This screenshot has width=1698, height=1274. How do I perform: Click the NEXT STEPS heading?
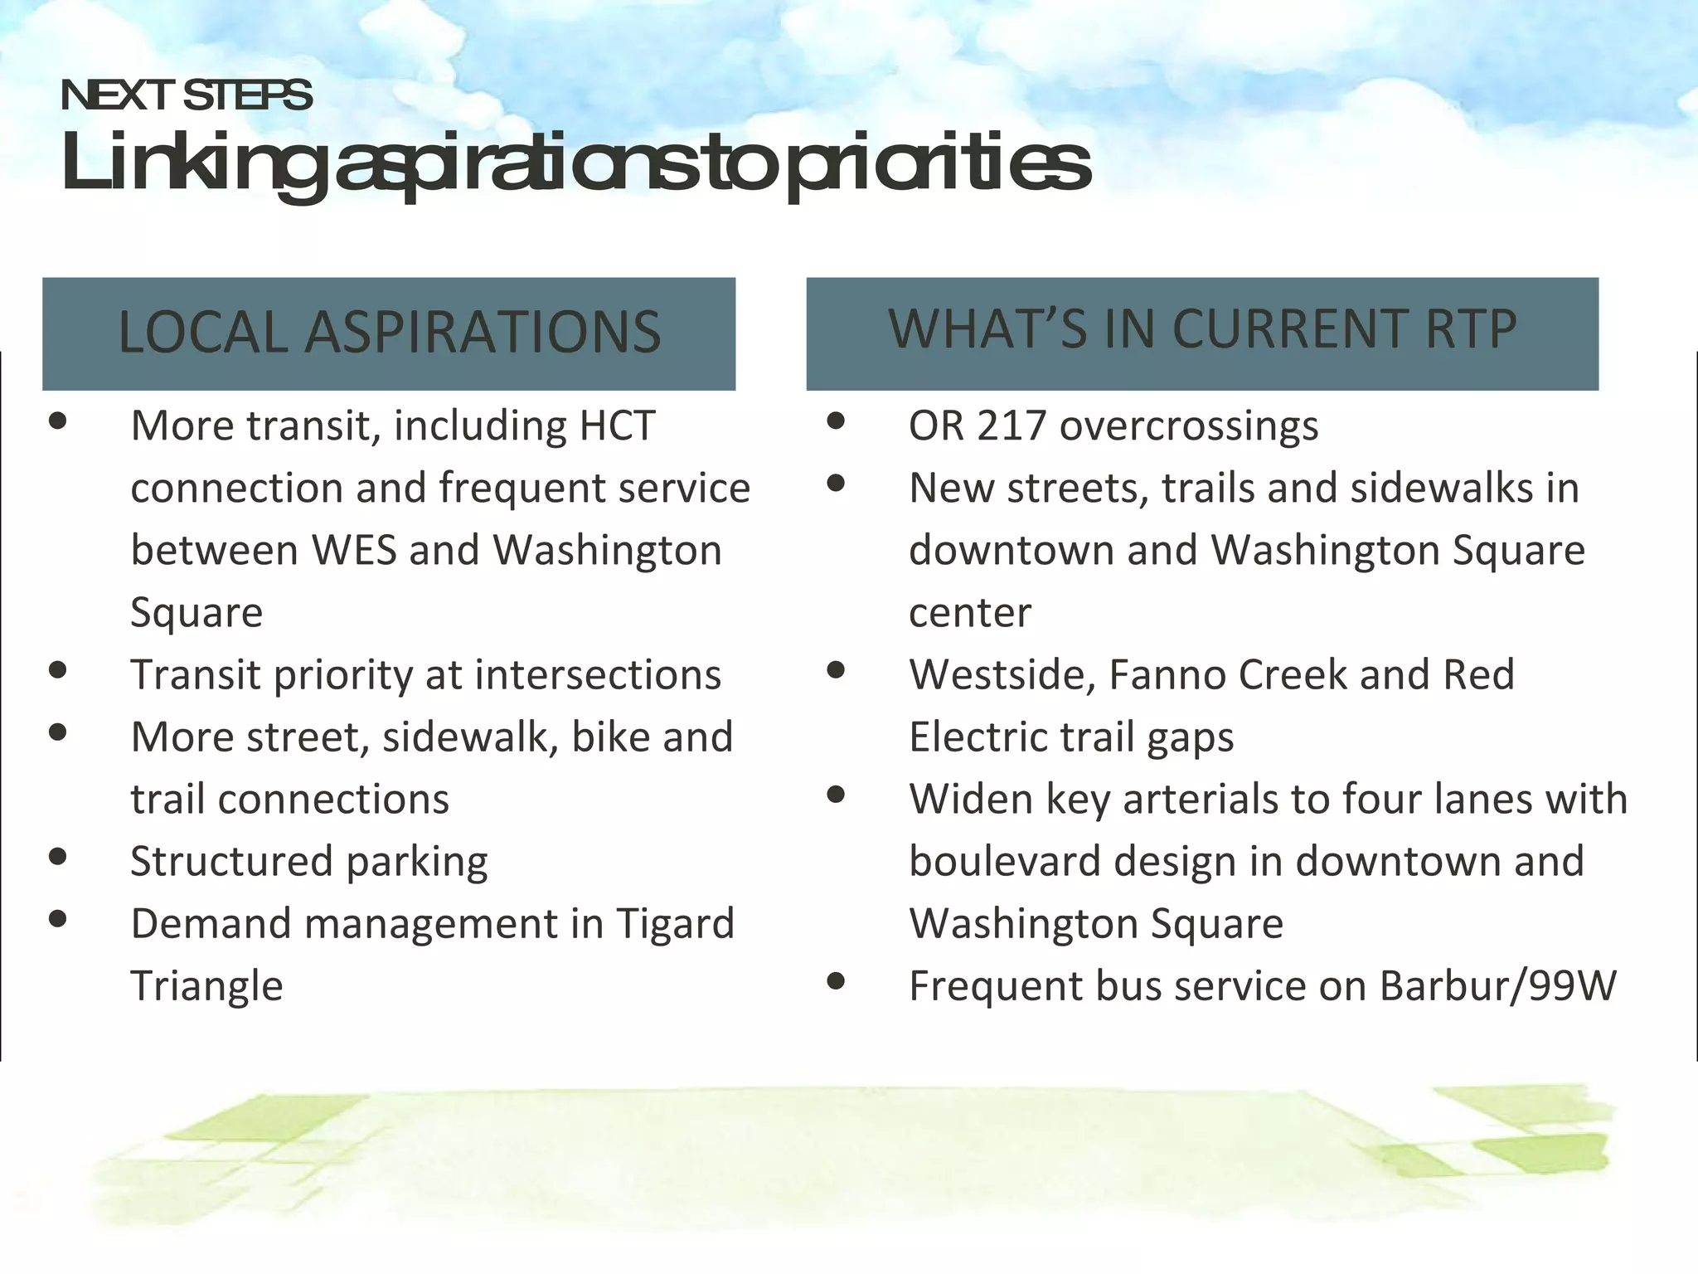point(187,95)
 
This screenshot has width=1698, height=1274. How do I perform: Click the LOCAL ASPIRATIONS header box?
point(389,333)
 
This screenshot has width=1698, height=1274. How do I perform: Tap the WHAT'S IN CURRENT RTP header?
point(1202,330)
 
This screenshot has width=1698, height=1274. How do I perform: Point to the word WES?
point(354,551)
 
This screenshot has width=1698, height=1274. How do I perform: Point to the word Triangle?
point(206,987)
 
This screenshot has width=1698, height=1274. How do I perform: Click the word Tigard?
point(675,925)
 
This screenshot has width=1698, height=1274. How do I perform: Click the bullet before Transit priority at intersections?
point(58,670)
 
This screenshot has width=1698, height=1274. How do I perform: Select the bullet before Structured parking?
point(58,857)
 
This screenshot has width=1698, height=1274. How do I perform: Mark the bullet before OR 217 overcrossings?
point(836,421)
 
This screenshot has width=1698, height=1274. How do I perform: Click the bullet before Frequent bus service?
point(836,982)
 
